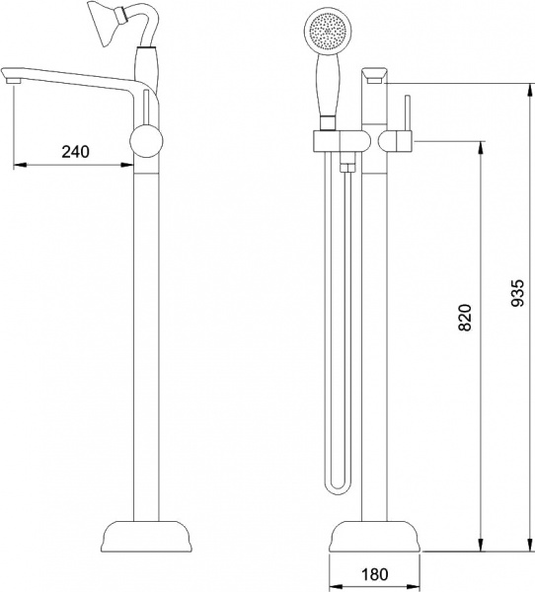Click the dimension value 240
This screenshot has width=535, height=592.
point(75,152)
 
